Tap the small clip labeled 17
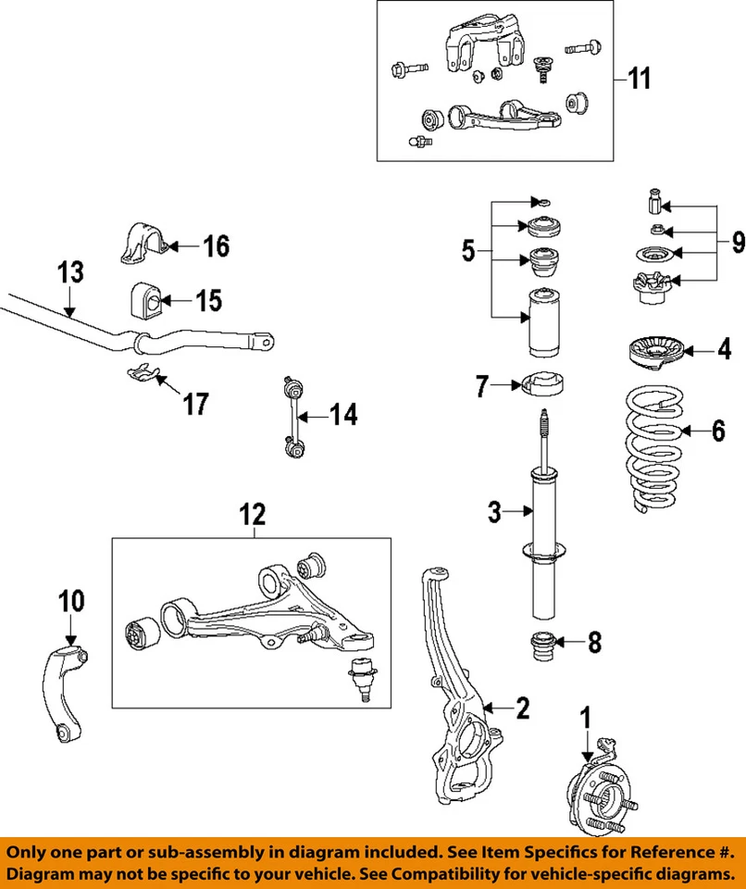(143, 374)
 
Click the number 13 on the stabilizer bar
(70, 272)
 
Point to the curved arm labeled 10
(63, 695)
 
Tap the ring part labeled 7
(546, 384)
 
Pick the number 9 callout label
(737, 243)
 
